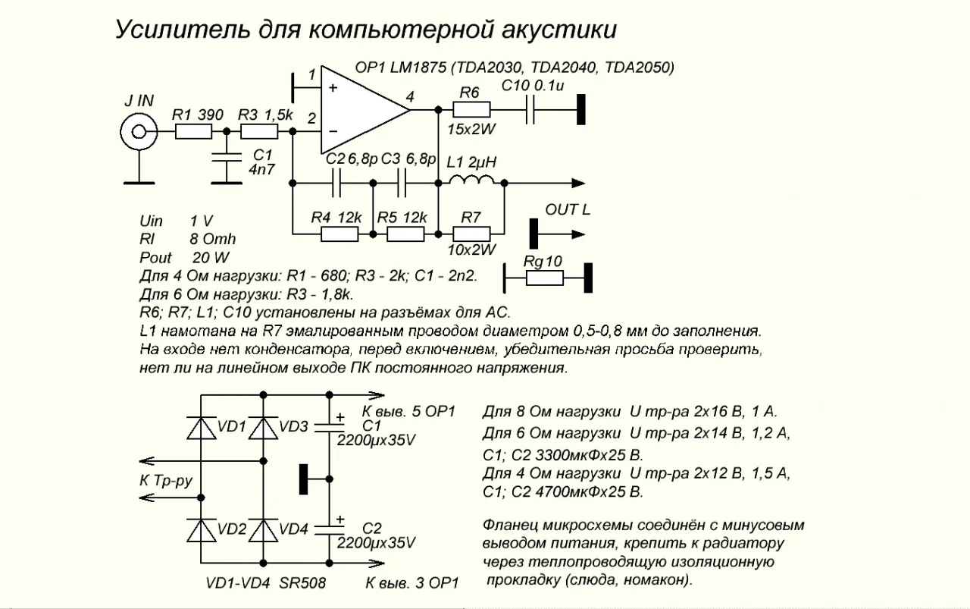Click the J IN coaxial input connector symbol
(x=139, y=133)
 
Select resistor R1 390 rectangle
(x=193, y=132)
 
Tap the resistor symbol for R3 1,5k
(x=259, y=132)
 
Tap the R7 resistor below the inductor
(x=471, y=234)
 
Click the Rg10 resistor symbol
(x=544, y=278)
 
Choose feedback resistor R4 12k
(x=339, y=234)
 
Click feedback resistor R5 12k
(x=405, y=234)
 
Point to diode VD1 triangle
(x=201, y=428)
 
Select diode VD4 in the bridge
(x=263, y=529)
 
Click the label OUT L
(x=567, y=209)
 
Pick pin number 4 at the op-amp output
(x=410, y=97)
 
